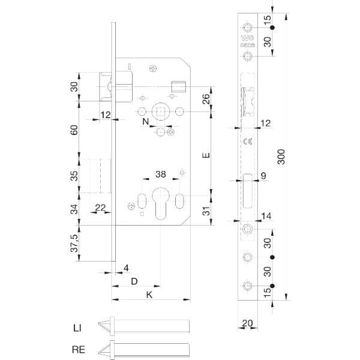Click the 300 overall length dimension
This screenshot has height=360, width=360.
tap(281, 157)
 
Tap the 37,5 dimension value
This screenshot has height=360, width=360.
tap(74, 243)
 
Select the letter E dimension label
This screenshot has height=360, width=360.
tap(206, 155)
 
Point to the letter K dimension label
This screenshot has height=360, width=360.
tap(149, 295)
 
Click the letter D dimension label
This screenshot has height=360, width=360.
tap(134, 281)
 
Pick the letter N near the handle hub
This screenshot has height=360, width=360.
tap(146, 122)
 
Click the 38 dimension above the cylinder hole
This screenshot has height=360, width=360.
tap(160, 174)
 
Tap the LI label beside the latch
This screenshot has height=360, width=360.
tap(77, 328)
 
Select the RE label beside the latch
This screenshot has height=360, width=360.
tap(79, 349)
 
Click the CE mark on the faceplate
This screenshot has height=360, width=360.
tap(247, 141)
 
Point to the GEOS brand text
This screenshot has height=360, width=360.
tap(247, 46)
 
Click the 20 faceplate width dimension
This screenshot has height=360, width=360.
tap(247, 323)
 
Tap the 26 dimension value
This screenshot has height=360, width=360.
tap(206, 99)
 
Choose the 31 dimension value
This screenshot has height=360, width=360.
tap(206, 211)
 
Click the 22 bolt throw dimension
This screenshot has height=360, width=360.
tap(100, 208)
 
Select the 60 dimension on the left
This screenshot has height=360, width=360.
tap(74, 130)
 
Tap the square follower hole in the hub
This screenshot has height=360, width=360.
tap(161, 112)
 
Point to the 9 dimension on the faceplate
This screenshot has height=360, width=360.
tap(263, 176)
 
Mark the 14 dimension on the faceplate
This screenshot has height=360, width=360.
tap(266, 216)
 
